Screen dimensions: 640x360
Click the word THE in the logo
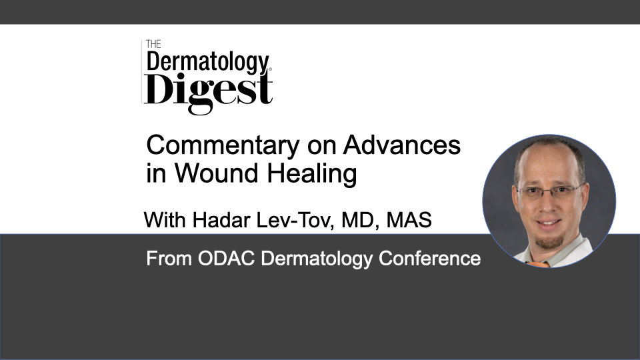[153, 44]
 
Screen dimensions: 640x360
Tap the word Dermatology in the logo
[208, 63]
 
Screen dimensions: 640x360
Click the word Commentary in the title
[223, 146]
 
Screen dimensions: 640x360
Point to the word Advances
[402, 145]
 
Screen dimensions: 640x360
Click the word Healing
[312, 174]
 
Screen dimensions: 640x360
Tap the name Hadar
[221, 220]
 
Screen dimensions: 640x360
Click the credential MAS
[409, 220]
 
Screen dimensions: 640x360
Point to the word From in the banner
[169, 259]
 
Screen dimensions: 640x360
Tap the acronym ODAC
[227, 259]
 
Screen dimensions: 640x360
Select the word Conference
[430, 259]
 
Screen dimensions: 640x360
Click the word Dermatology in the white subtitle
[317, 259]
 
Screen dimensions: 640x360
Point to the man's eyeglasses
[549, 191]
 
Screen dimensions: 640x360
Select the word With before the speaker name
[165, 220]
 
